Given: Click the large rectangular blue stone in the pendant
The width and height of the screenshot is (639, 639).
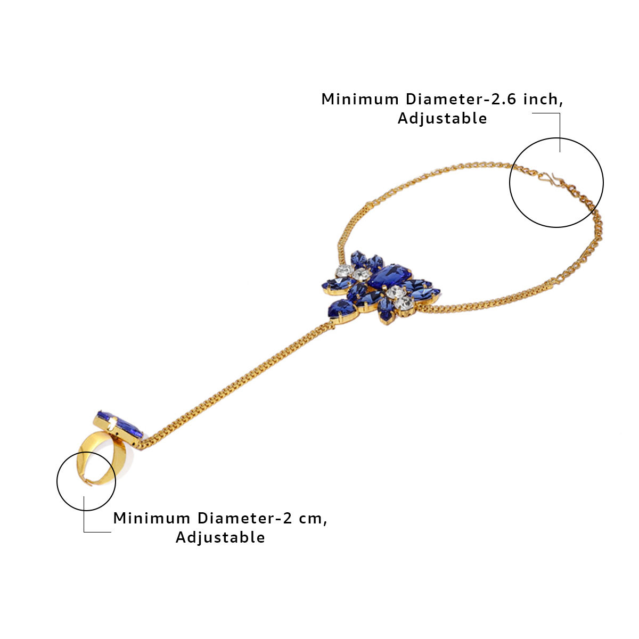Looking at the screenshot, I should (390, 276).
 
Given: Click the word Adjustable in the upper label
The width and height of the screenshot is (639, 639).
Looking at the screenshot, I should (442, 118).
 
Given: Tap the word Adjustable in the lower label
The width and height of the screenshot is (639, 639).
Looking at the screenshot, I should (220, 537).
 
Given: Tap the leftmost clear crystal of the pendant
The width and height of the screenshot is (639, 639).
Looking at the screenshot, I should (345, 271).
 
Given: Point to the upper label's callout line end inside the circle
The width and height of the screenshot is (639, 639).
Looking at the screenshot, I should (560, 152).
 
